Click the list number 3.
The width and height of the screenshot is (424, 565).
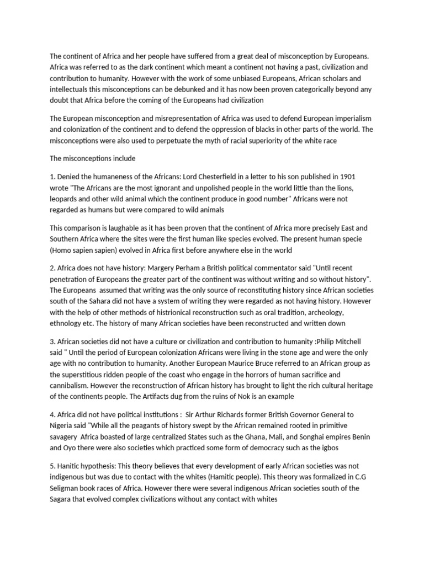(52, 342)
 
